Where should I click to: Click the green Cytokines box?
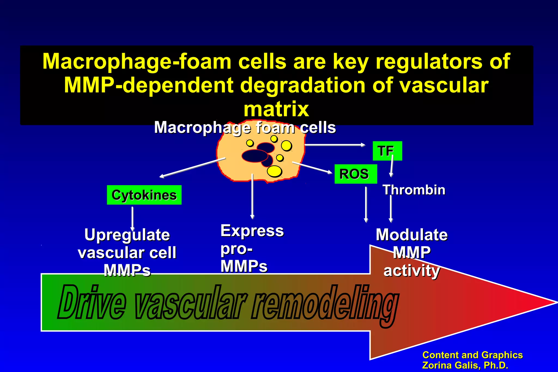click(144, 195)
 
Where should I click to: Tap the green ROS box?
click(356, 174)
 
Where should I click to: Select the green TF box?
click(387, 151)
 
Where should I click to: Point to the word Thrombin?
click(414, 190)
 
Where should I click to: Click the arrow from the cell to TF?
click(335, 145)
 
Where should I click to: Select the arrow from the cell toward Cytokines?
click(192, 168)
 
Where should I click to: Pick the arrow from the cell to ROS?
click(312, 168)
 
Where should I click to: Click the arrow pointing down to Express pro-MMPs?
click(253, 196)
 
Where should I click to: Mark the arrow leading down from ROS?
click(366, 204)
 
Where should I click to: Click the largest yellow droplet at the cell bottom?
click(274, 171)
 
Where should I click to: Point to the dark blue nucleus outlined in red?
click(255, 156)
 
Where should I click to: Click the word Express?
click(252, 231)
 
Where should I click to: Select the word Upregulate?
click(127, 235)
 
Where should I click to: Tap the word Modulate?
click(411, 235)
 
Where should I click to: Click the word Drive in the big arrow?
click(92, 302)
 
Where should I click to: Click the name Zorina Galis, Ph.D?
click(465, 365)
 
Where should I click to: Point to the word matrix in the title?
click(276, 109)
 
